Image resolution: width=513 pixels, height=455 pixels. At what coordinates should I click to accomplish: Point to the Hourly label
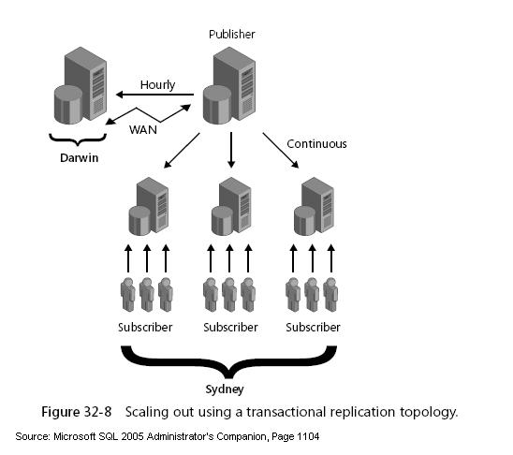pyautogui.click(x=156, y=84)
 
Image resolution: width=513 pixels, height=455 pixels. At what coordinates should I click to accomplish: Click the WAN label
pyautogui.click(x=143, y=128)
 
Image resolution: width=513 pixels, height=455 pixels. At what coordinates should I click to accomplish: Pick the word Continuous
pyautogui.click(x=316, y=144)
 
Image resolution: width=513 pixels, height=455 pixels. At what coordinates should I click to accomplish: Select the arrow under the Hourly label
pyautogui.click(x=154, y=95)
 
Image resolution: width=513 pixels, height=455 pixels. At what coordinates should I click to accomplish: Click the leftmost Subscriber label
pyautogui.click(x=145, y=327)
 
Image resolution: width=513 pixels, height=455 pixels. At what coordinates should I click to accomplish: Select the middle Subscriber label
pyautogui.click(x=230, y=327)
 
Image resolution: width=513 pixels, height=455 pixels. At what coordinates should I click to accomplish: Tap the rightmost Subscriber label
pyautogui.click(x=312, y=327)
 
